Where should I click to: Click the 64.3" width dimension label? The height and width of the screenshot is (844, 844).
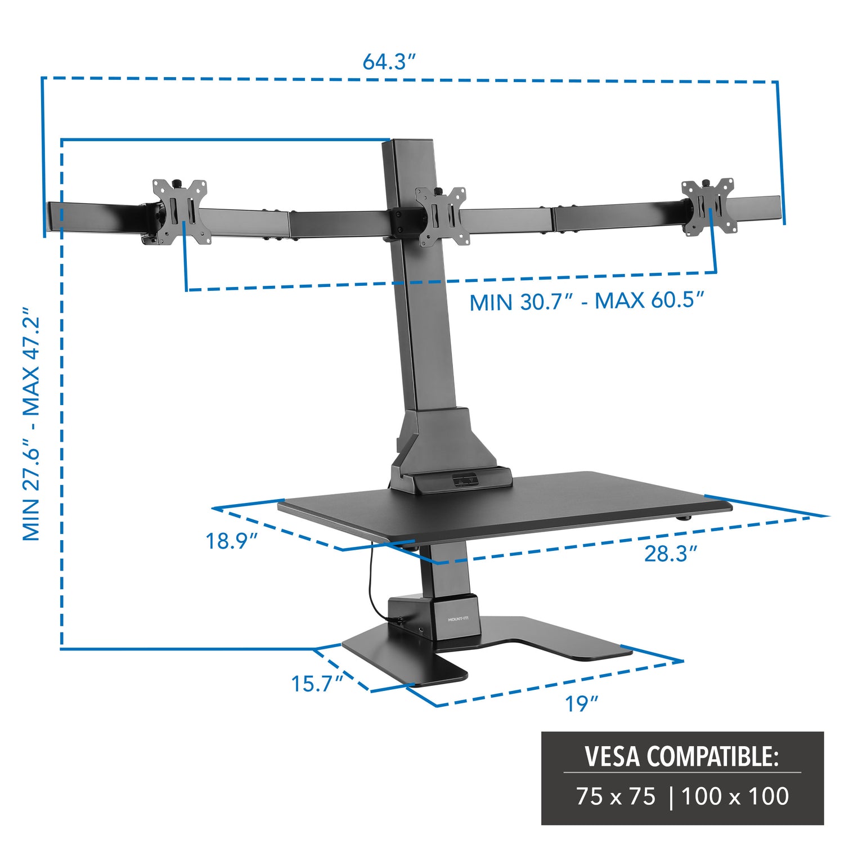coord(388,61)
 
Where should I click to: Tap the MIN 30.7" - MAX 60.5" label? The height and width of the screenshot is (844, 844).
coord(587,302)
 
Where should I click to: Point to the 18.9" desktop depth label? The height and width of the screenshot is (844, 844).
coord(231,541)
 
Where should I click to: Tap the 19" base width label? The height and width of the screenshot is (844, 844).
coord(581,703)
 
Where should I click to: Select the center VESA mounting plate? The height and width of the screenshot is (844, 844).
coord(441,216)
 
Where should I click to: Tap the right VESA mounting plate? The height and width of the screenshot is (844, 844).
coord(708,206)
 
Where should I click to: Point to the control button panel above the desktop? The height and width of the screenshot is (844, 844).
coord(464,480)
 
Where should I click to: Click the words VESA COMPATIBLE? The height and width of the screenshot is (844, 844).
coord(682,756)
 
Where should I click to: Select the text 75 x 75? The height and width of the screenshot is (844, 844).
coord(616,797)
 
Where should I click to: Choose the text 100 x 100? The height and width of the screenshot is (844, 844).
coord(735,797)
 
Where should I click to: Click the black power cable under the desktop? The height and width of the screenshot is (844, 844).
coord(371,585)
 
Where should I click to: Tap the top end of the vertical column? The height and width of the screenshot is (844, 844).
coord(408,142)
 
